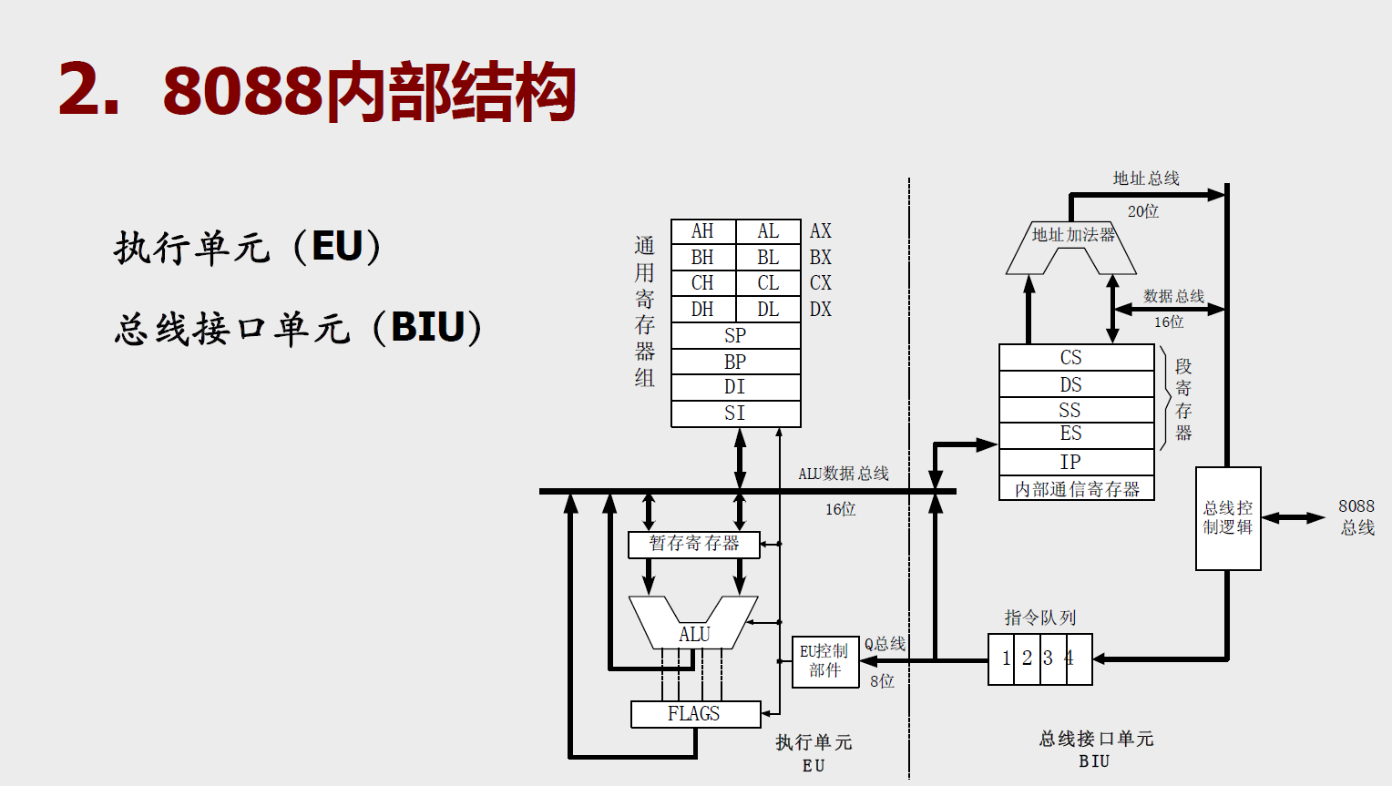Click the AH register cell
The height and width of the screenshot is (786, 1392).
702,231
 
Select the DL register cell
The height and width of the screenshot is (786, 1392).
768,310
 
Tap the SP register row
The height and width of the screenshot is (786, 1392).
735,335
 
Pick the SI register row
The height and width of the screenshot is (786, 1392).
735,413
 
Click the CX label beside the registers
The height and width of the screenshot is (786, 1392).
820,283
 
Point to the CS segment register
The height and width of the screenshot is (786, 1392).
1071,357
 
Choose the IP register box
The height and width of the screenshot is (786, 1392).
1071,462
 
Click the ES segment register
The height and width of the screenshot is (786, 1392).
1071,434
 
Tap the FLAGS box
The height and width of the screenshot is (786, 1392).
695,714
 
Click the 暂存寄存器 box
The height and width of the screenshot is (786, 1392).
694,544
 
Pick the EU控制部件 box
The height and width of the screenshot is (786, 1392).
824,661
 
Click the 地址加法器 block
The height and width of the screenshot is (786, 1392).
1072,236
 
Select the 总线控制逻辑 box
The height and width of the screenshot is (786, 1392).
1228,518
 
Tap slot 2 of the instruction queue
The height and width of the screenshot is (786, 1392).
1027,658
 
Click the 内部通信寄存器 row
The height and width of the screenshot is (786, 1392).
1077,489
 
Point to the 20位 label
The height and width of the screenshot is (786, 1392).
1142,211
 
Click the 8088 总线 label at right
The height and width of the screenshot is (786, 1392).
1356,516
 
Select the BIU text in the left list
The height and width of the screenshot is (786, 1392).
428,327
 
